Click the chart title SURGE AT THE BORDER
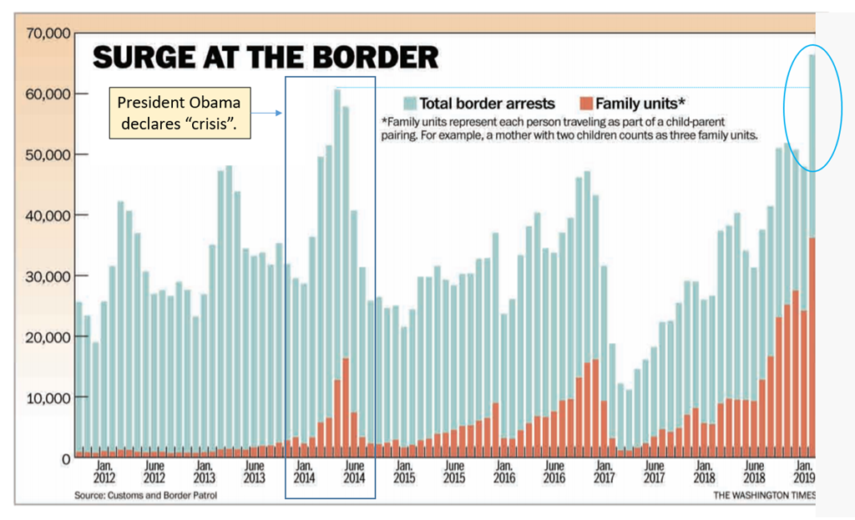click(x=265, y=58)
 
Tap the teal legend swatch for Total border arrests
click(x=408, y=103)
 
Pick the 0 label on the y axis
click(x=64, y=458)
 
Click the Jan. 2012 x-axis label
click(x=104, y=472)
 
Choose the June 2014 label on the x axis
click(x=354, y=472)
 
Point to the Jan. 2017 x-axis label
click(x=603, y=472)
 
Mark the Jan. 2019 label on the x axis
click(x=803, y=472)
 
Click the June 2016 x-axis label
click(x=554, y=472)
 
